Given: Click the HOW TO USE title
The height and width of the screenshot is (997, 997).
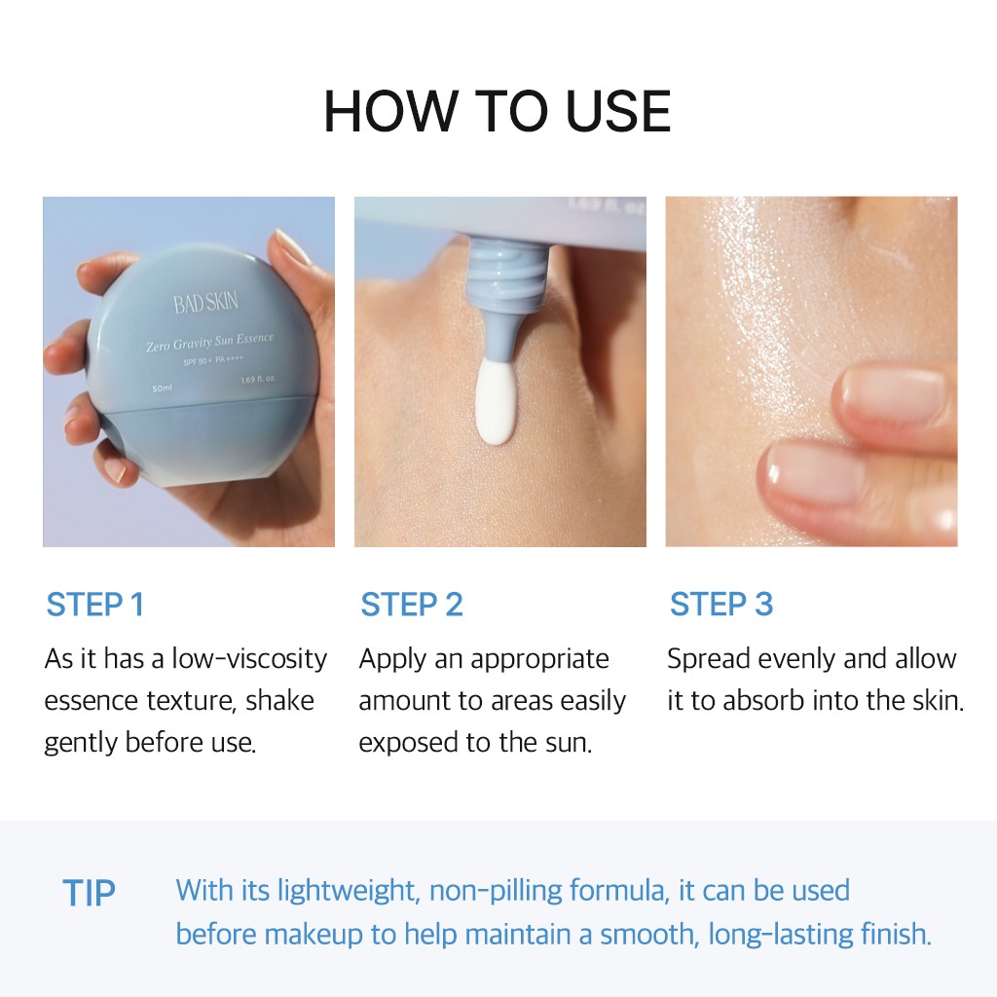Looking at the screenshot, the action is click(x=498, y=111).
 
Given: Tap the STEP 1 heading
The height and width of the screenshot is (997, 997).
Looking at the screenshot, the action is click(x=95, y=604).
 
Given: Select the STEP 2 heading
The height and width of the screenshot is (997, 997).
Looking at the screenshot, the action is click(x=412, y=604).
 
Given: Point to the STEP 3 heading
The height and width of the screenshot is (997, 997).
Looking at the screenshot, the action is click(x=721, y=604).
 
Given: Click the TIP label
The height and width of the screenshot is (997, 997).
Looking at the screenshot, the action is click(x=89, y=893).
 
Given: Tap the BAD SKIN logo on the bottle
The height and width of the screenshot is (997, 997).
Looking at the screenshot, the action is click(x=206, y=303).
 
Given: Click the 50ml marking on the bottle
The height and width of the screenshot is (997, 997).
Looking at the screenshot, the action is click(x=163, y=388).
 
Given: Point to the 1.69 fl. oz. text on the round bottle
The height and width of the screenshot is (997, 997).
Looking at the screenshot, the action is click(x=258, y=379).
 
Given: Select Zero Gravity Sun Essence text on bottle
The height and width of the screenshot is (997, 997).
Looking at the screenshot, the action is click(x=210, y=342).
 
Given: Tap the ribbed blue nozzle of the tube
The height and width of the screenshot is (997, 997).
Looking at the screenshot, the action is click(x=506, y=271).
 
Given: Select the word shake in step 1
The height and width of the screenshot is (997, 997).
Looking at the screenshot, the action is click(x=279, y=701).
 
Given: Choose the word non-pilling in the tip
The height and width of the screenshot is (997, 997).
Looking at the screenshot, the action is click(x=496, y=892).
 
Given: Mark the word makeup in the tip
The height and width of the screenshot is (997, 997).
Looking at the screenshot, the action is click(x=314, y=936).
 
